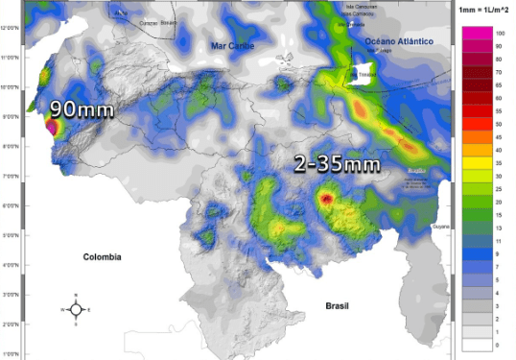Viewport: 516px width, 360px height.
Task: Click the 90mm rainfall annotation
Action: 82,108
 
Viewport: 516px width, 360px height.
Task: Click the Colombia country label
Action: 103,256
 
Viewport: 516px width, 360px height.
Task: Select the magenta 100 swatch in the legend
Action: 476,34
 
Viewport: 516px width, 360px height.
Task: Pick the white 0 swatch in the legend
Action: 476,344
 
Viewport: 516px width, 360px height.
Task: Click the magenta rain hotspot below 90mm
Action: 52,125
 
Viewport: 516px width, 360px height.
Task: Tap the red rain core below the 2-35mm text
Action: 326,199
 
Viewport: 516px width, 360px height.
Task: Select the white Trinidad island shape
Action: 363,73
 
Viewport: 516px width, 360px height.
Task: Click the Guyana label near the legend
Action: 439,226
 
